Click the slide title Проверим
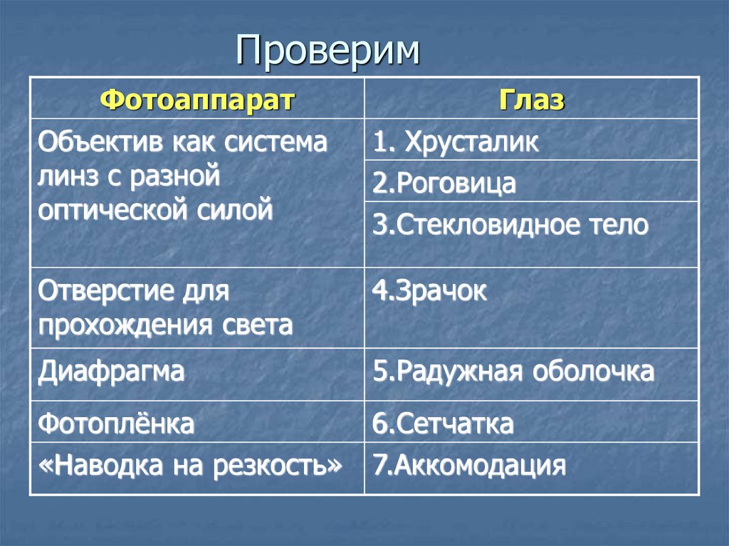[328, 52]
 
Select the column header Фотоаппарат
[197, 100]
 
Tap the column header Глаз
[531, 100]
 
